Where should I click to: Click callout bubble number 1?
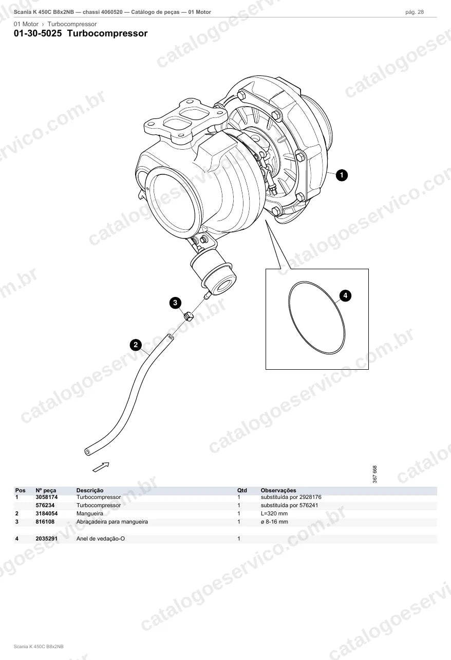tap(342, 175)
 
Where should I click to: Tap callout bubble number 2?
tap(136, 345)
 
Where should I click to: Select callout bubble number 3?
tap(175, 303)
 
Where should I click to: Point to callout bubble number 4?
tap(345, 295)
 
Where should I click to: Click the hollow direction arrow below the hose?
tap(101, 467)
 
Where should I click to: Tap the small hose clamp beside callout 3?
tap(188, 317)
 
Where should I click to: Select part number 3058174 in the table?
tap(47, 497)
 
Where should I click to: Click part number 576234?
tap(45, 505)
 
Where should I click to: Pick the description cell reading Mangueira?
tap(90, 513)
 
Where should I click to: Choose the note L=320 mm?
tap(274, 513)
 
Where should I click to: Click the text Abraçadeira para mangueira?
tap(112, 522)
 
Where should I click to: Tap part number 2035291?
tap(47, 538)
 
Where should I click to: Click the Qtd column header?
tap(242, 490)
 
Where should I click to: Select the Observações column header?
tap(278, 490)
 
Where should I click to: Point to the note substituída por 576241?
tap(289, 505)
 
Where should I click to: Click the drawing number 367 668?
tap(374, 474)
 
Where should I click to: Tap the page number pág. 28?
tap(415, 12)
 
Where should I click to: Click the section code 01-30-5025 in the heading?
tap(38, 33)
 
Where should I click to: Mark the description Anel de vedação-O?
tap(101, 538)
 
